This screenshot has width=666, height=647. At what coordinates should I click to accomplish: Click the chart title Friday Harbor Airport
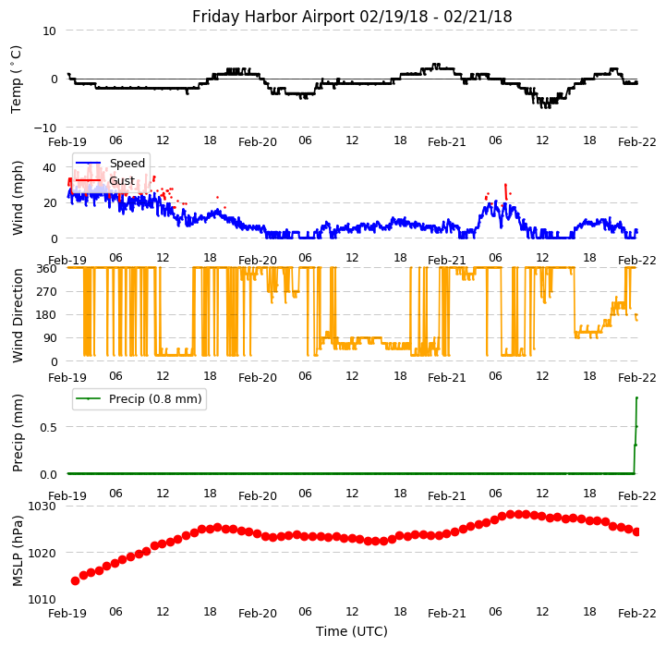[x=352, y=17]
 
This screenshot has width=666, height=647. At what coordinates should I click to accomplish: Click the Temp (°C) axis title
[x=17, y=79]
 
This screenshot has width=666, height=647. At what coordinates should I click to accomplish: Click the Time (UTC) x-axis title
[x=352, y=631]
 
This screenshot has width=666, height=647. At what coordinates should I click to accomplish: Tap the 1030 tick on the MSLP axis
[x=42, y=507]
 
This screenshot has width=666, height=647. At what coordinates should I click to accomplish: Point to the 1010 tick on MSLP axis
[x=42, y=599]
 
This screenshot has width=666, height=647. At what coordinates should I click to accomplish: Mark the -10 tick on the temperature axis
[x=46, y=128]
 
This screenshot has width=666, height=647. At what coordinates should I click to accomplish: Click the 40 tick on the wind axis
[x=50, y=168]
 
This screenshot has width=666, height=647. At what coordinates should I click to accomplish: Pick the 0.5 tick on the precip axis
[x=47, y=427]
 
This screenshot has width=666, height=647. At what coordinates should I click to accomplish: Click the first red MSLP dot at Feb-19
[x=75, y=580]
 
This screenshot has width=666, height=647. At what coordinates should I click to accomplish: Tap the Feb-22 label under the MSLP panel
[x=637, y=613]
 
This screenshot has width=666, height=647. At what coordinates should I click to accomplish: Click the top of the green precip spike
[x=636, y=397]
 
